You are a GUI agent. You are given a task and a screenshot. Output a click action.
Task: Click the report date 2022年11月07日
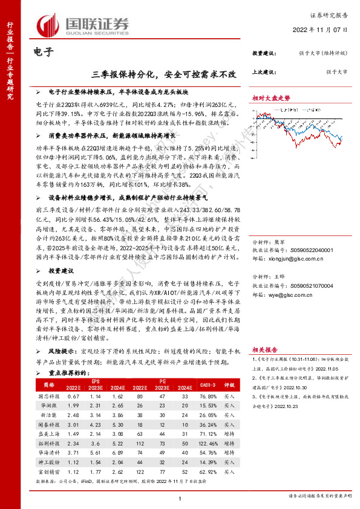pos(326,30)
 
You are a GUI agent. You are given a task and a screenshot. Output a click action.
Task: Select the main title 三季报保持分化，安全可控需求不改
pos(165,74)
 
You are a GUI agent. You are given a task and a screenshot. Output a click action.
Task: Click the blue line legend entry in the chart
pos(315,109)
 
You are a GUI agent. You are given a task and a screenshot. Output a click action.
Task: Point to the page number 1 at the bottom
pos(180,498)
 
